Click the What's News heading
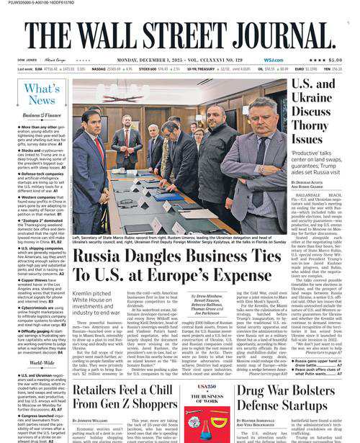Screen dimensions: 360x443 pyautogui.click(x=41, y=95)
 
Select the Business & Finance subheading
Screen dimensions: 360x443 pyautogui.click(x=40, y=115)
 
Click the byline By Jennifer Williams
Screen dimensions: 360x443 pyautogui.click(x=94, y=417)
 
